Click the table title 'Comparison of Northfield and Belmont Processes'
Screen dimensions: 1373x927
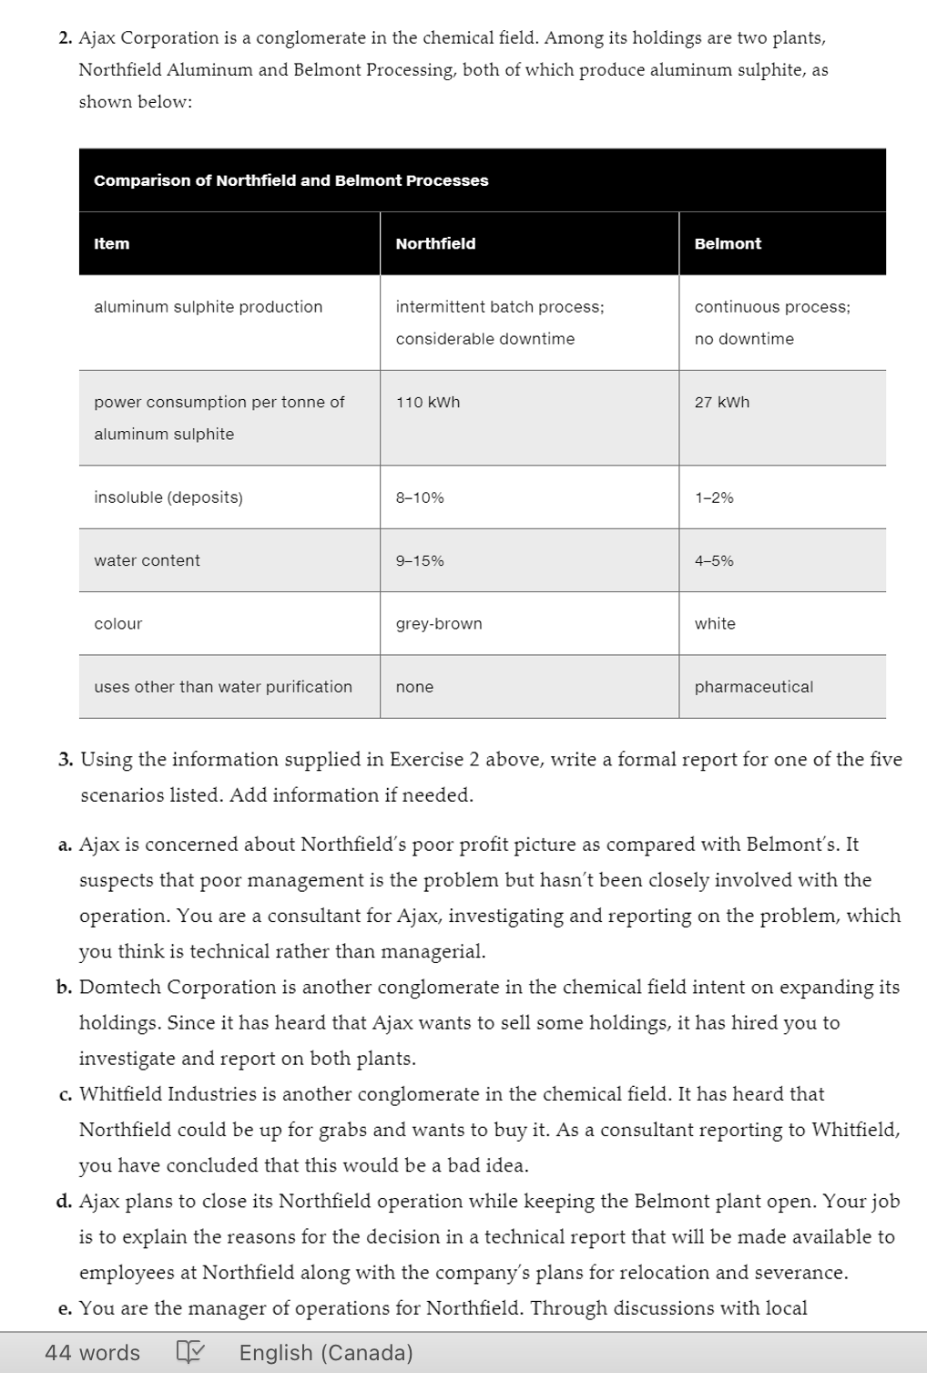[290, 180]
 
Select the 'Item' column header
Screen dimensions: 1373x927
[111, 243]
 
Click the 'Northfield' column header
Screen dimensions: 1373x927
[435, 243]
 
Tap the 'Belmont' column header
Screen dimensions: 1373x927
[728, 243]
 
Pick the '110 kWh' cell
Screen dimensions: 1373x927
[427, 402]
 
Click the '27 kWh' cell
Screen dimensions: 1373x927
[721, 402]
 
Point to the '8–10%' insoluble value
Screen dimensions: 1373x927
[420, 497]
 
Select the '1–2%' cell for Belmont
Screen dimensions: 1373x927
[714, 497]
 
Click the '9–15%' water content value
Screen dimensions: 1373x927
[420, 560]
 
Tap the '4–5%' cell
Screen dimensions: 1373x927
[714, 560]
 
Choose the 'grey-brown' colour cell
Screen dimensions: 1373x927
[439, 623]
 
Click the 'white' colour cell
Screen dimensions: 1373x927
[715, 623]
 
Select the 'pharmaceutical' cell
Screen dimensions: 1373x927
[753, 687]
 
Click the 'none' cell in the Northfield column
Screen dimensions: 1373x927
[414, 687]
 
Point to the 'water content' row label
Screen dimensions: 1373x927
[147, 560]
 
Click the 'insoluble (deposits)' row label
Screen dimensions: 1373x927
[168, 497]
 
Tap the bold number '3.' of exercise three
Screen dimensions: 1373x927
[65, 760]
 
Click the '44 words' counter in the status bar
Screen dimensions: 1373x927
[93, 1352]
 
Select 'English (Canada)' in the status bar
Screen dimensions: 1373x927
[326, 1352]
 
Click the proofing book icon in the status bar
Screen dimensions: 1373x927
[189, 1352]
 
